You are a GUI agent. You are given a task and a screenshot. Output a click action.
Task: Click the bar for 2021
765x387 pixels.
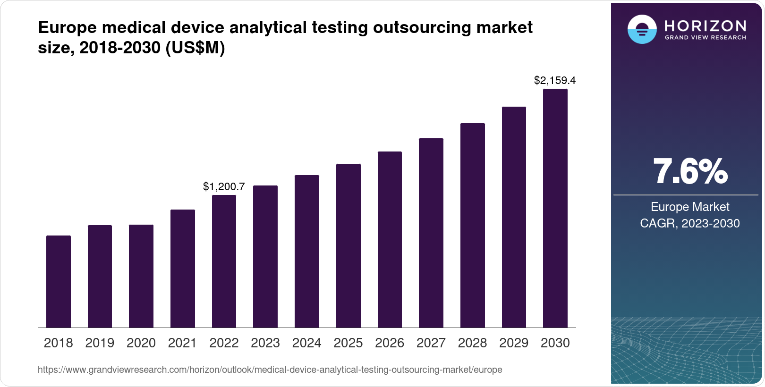tap(183, 269)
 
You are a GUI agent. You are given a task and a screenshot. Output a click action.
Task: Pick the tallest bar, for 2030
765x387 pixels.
tap(555, 208)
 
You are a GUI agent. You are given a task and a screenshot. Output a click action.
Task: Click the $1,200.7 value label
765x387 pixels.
tap(224, 186)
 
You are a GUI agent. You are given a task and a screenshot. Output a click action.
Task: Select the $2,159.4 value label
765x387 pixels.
tap(555, 81)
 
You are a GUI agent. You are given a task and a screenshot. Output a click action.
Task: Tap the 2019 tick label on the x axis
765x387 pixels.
tap(100, 343)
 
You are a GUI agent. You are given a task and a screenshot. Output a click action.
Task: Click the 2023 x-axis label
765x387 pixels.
tap(265, 343)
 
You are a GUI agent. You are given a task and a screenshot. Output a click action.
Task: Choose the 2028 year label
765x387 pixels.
tap(472, 343)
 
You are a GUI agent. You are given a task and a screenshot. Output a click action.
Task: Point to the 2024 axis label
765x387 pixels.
tap(306, 343)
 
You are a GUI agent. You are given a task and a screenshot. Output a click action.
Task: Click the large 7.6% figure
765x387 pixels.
tap(690, 172)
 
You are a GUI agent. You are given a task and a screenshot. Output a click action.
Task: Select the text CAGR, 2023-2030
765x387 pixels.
tap(690, 223)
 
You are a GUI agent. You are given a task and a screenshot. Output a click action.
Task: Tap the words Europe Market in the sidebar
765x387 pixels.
tap(690, 207)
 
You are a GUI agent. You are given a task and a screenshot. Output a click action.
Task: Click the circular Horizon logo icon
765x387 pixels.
tap(642, 29)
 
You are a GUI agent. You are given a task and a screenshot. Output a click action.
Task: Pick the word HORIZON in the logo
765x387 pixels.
tap(705, 25)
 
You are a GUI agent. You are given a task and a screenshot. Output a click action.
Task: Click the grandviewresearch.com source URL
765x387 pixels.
tap(270, 370)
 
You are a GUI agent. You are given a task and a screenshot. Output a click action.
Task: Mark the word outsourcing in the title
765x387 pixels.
tap(422, 27)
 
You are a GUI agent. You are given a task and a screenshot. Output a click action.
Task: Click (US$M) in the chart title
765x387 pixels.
tap(195, 48)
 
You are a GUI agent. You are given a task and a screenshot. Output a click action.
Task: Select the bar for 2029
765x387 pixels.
tap(514, 217)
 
